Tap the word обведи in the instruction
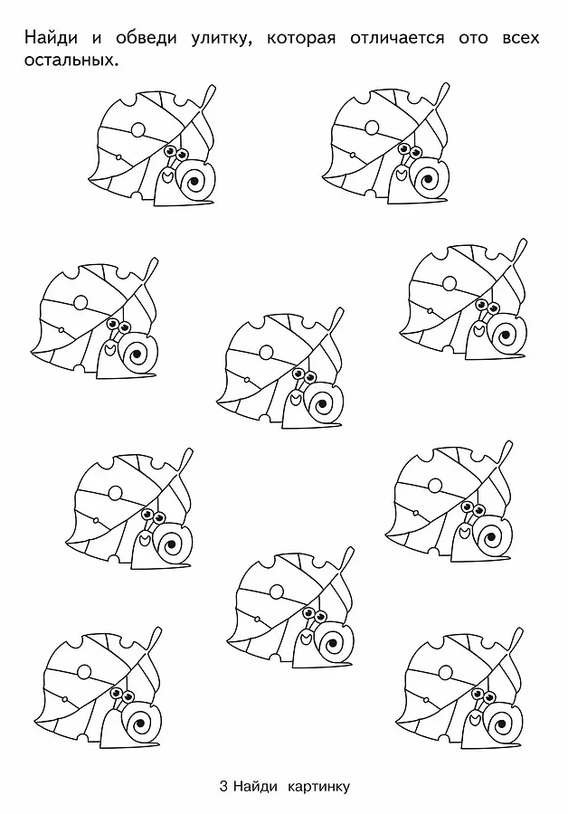point(146,38)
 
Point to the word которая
point(300,38)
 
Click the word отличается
point(397,39)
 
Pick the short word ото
point(473,39)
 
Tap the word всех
point(521,39)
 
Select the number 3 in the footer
point(223,787)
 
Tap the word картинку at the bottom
point(318,788)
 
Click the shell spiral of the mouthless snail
point(138,724)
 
